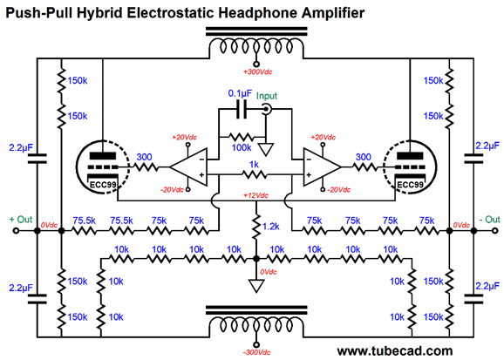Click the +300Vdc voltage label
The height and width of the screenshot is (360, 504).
click(x=258, y=72)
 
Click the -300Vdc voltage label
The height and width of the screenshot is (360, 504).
click(x=256, y=352)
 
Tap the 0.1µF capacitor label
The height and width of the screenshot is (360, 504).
click(x=240, y=93)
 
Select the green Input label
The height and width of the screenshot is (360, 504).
click(x=267, y=96)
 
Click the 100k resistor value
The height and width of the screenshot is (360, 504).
click(x=242, y=148)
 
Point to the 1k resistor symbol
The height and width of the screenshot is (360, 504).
click(x=255, y=175)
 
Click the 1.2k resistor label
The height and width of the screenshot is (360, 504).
click(x=271, y=227)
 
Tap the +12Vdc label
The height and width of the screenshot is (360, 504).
click(x=255, y=195)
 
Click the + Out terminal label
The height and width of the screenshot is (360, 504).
click(x=21, y=220)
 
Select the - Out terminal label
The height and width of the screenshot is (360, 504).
click(x=489, y=220)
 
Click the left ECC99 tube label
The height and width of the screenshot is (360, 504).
click(x=103, y=185)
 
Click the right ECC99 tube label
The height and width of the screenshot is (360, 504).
click(x=410, y=185)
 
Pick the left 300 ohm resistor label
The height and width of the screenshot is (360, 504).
click(x=145, y=157)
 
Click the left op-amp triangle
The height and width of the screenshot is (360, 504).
click(x=188, y=166)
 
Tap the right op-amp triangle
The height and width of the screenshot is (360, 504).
click(x=323, y=166)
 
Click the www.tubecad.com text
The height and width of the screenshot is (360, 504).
click(x=395, y=350)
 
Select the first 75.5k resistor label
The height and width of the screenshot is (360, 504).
click(x=85, y=221)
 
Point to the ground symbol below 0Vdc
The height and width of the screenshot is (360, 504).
click(x=256, y=285)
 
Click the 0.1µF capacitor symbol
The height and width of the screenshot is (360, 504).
click(x=242, y=109)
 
